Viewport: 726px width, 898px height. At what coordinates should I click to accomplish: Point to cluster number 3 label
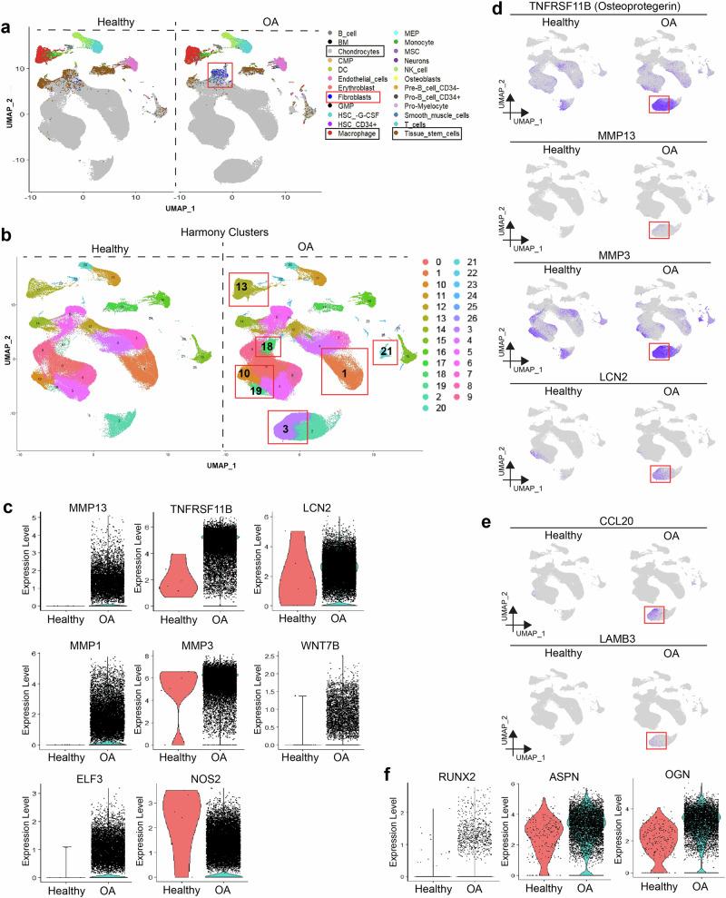tap(284, 427)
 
